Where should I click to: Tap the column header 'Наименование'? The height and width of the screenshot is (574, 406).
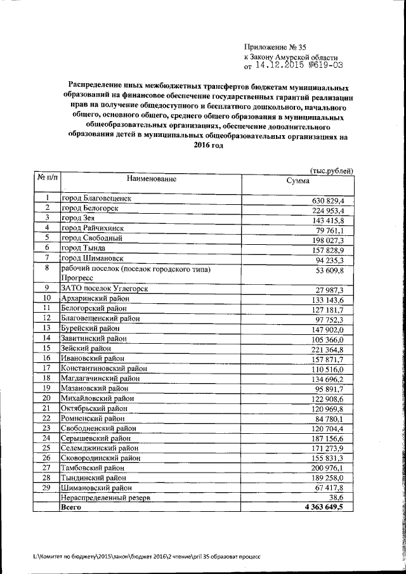click(151, 179)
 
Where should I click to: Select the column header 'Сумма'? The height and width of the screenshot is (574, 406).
click(298, 181)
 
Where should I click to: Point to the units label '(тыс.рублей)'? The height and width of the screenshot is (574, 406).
click(331, 171)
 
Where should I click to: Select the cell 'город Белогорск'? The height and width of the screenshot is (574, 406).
click(90, 208)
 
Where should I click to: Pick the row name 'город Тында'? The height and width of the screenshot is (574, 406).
click(83, 247)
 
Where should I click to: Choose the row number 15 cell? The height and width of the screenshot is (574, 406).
click(47, 348)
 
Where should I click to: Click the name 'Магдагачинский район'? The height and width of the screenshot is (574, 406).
click(100, 378)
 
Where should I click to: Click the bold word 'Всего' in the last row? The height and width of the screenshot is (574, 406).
click(71, 526)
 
